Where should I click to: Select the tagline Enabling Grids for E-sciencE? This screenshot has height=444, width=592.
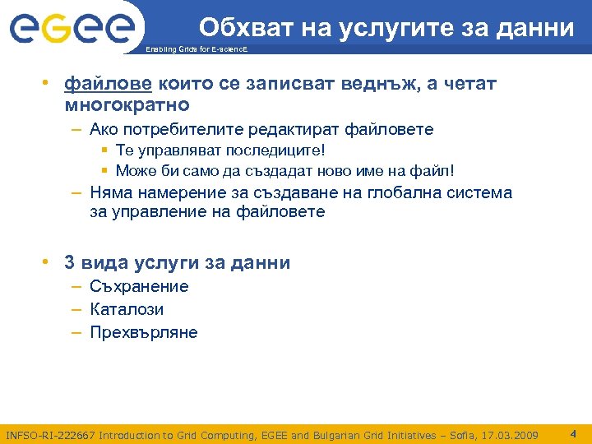[195, 51]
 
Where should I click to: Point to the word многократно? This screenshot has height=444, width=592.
[127, 105]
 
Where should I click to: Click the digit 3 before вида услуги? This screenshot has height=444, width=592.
[69, 263]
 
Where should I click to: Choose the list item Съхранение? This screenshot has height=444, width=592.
[139, 287]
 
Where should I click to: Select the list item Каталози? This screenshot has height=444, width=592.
[127, 310]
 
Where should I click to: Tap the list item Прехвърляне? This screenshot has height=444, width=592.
[143, 333]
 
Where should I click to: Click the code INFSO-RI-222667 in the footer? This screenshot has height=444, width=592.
[50, 434]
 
